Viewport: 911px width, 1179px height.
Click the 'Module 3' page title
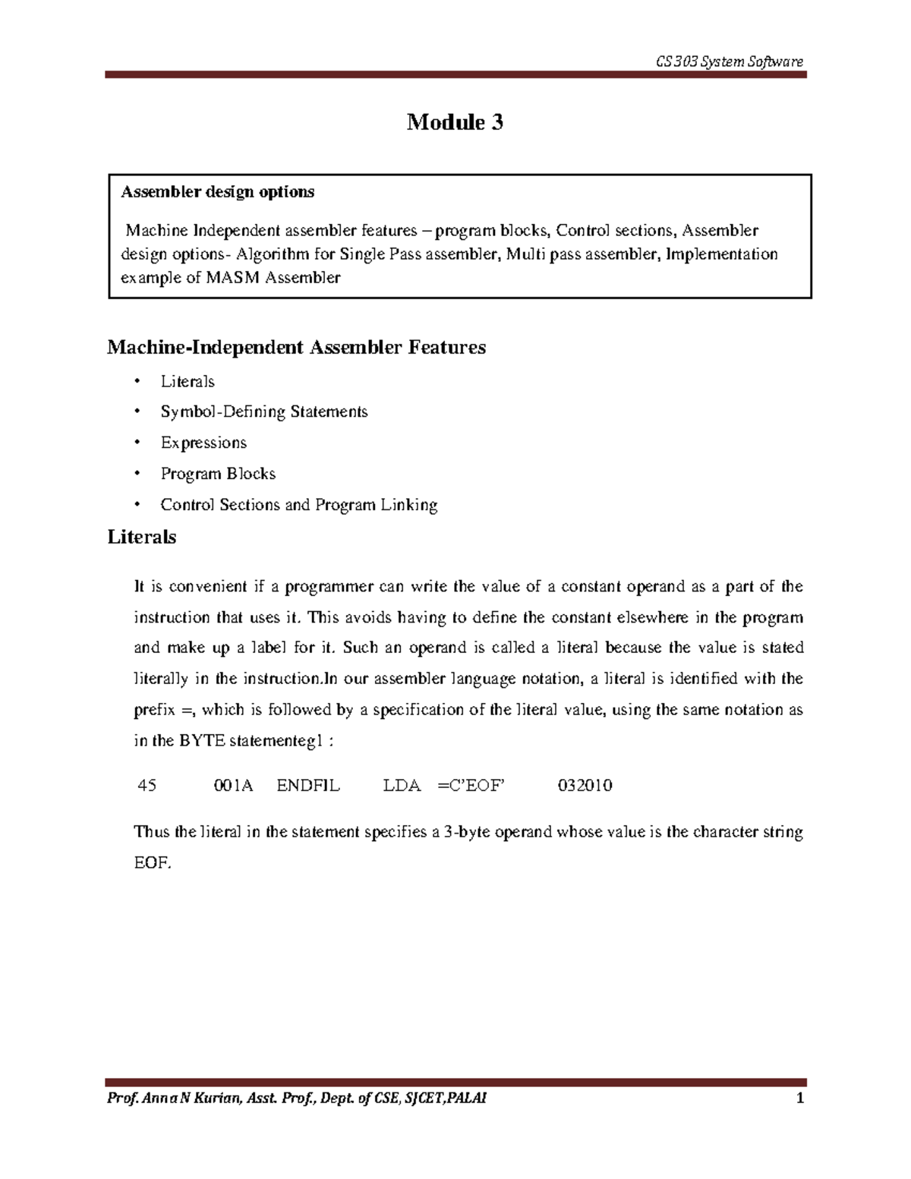pyautogui.click(x=455, y=122)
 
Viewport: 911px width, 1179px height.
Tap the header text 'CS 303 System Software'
pyautogui.click(x=729, y=61)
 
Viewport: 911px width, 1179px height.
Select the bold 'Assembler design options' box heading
pyautogui.click(x=217, y=192)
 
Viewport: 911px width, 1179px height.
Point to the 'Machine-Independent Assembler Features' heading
pyautogui.click(x=296, y=348)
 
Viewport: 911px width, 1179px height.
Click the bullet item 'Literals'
pyautogui.click(x=188, y=382)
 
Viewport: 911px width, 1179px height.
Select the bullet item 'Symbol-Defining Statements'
pyautogui.click(x=263, y=412)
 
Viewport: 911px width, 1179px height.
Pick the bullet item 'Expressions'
pyautogui.click(x=203, y=443)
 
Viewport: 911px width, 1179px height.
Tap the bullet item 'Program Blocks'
pyautogui.click(x=218, y=474)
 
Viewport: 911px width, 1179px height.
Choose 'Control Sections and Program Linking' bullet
pyautogui.click(x=298, y=505)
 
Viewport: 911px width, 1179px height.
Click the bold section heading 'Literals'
pyautogui.click(x=142, y=537)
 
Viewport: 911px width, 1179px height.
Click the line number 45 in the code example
pyautogui.click(x=147, y=786)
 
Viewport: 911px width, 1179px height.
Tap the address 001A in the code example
pyautogui.click(x=233, y=786)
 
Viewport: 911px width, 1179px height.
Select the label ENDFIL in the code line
pyautogui.click(x=308, y=786)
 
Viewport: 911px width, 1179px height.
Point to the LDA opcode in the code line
pyautogui.click(x=402, y=786)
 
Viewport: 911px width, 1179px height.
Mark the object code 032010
pyautogui.click(x=585, y=786)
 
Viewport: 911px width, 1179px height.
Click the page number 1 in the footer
pyautogui.click(x=799, y=1098)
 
